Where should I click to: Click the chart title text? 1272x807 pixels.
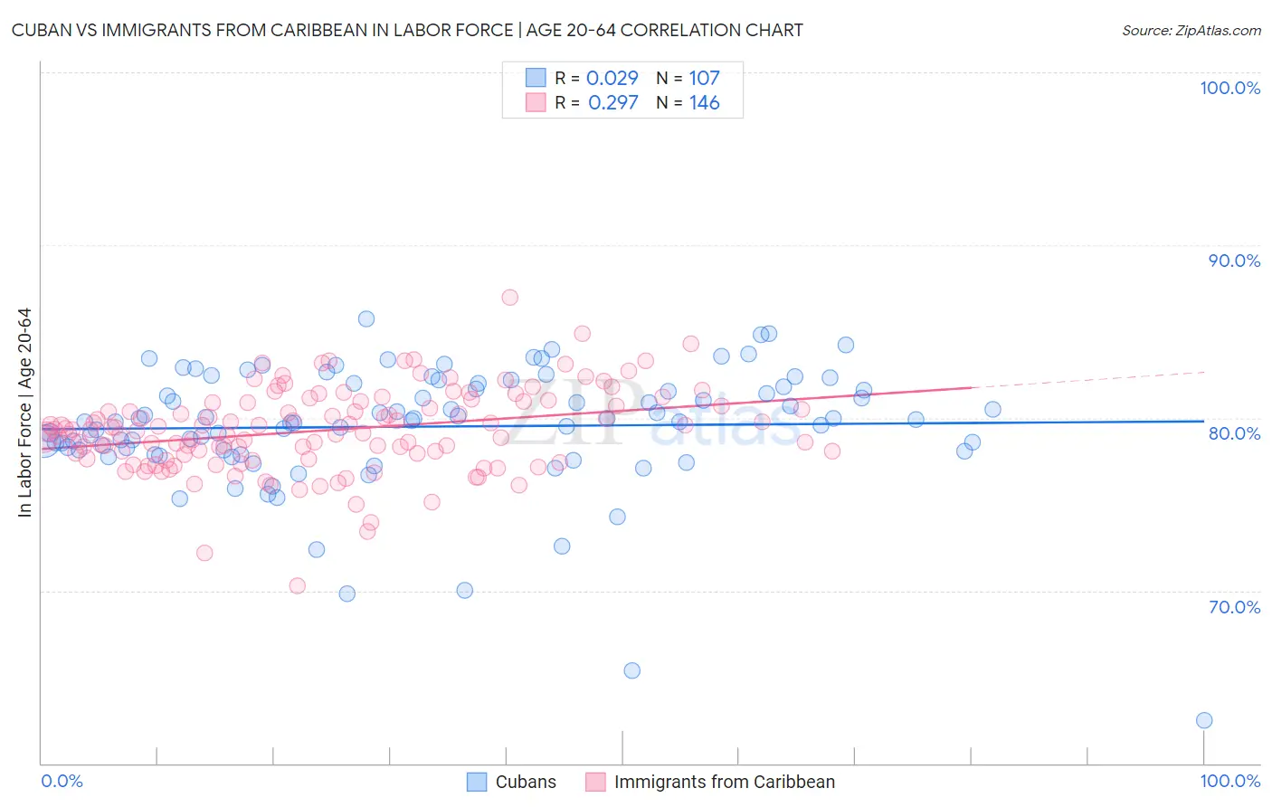[x=407, y=30]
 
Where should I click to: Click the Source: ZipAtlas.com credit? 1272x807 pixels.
[x=1191, y=30]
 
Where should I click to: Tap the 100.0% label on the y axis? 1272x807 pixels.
[x=1229, y=88]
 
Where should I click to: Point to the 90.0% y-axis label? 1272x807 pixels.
[x=1234, y=261]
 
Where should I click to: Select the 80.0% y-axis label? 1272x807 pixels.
[x=1234, y=433]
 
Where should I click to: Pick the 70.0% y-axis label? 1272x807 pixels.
[x=1234, y=607]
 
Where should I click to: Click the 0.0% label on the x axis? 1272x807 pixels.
[x=62, y=781]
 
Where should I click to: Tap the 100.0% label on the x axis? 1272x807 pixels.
[x=1229, y=781]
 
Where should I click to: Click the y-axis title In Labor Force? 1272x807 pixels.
[x=24, y=413]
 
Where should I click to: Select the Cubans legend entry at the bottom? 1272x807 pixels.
[x=526, y=782]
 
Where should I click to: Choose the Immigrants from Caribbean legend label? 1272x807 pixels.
[x=724, y=782]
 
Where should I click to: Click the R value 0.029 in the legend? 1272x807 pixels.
[x=612, y=79]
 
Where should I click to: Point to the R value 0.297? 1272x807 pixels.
[x=613, y=103]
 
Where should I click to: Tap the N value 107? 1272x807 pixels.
[x=704, y=79]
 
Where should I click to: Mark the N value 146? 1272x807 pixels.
[x=704, y=103]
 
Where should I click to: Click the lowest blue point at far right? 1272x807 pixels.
[x=1204, y=720]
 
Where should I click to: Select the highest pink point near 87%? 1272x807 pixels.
[x=509, y=298]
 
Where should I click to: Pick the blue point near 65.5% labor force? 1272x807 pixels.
[x=632, y=670]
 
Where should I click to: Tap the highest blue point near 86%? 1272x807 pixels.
[x=366, y=318]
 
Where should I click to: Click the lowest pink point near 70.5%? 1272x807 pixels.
[x=297, y=585]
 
